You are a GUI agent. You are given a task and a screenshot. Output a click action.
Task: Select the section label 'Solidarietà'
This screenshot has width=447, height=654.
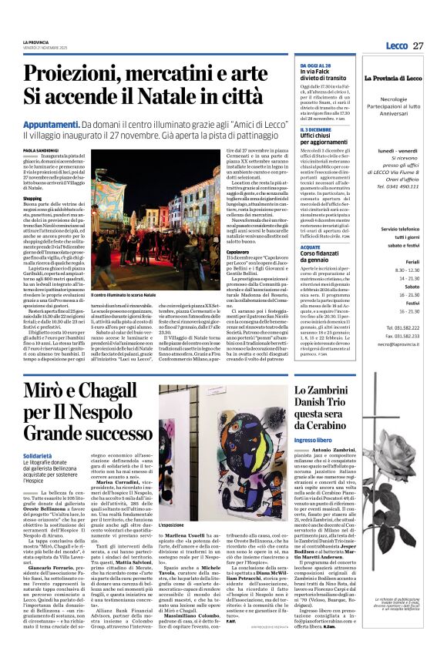pos(38,456)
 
